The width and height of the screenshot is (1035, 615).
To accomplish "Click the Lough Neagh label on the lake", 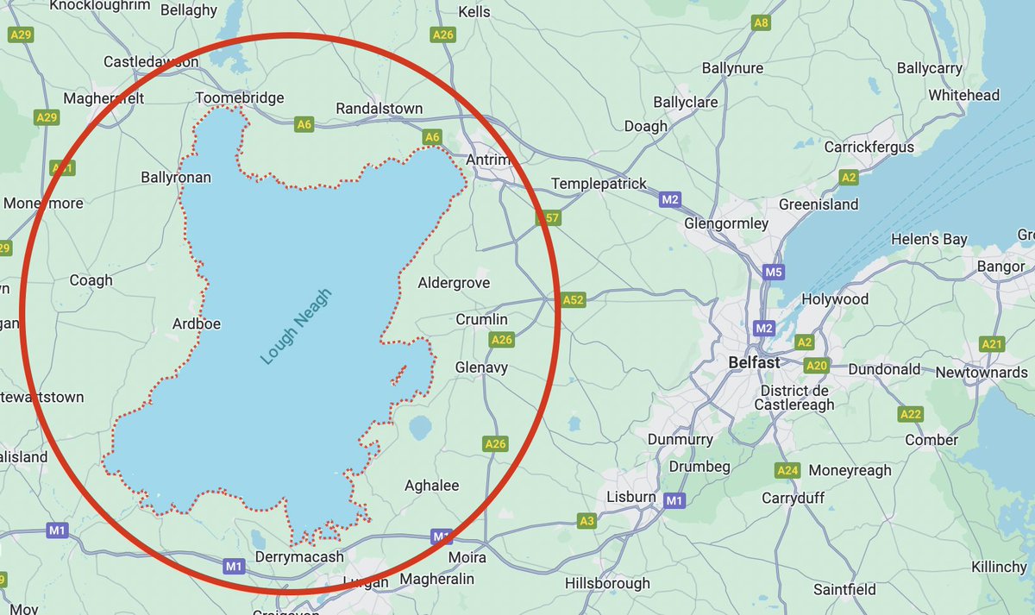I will [x=297, y=326].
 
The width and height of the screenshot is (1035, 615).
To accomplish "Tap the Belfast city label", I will [x=754, y=363].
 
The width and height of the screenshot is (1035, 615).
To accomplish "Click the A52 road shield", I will [x=573, y=300].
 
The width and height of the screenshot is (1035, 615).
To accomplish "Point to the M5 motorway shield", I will [x=773, y=273].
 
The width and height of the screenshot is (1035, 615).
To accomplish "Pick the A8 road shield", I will [x=760, y=23].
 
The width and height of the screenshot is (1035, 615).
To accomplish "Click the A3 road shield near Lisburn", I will [x=586, y=521].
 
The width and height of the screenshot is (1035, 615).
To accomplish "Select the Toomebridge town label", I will [x=240, y=97].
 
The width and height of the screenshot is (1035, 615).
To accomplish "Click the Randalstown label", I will [x=379, y=109].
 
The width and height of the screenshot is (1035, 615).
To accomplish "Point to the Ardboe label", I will [x=197, y=324].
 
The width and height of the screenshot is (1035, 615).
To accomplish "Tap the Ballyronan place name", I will [x=176, y=178].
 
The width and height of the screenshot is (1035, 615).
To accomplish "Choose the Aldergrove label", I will [x=454, y=283].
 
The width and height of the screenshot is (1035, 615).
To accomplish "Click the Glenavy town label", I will [x=481, y=367].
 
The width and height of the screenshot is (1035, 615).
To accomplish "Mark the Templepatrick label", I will [x=598, y=185].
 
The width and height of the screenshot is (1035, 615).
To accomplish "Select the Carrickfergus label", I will [x=869, y=147].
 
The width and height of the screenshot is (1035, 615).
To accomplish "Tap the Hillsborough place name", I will [x=607, y=584].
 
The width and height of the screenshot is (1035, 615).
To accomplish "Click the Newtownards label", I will [x=982, y=373].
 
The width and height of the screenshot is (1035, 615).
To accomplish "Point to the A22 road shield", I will [x=911, y=414].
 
